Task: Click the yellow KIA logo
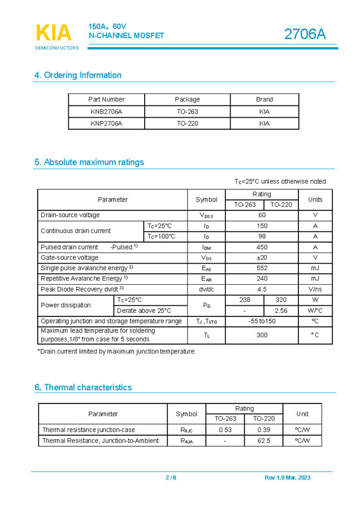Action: pyautogui.click(x=54, y=33)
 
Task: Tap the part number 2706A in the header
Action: pyautogui.click(x=305, y=34)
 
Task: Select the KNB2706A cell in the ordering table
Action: pyautogui.click(x=106, y=112)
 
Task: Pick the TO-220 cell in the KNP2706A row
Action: pyautogui.click(x=187, y=124)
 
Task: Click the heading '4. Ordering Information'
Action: pyautogui.click(x=78, y=75)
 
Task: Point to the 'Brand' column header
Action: pyautogui.click(x=264, y=99)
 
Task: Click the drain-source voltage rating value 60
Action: pyautogui.click(x=262, y=215)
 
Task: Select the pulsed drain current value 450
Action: pyautogui.click(x=262, y=247)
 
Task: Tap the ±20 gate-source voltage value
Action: pyautogui.click(x=262, y=258)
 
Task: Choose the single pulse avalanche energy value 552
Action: pyautogui.click(x=262, y=268)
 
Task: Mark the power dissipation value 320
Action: pyautogui.click(x=281, y=300)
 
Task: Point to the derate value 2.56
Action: pyautogui.click(x=281, y=311)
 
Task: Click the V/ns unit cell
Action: pyautogui.click(x=315, y=289)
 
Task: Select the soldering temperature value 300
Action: pyautogui.click(x=262, y=335)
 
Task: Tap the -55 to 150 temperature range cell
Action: pyautogui.click(x=262, y=321)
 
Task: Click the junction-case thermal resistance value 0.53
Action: pyautogui.click(x=225, y=430)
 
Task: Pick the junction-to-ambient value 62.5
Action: pyautogui.click(x=263, y=441)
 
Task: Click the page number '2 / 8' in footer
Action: pyautogui.click(x=171, y=478)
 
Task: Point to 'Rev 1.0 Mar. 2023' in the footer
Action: pyautogui.click(x=287, y=478)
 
